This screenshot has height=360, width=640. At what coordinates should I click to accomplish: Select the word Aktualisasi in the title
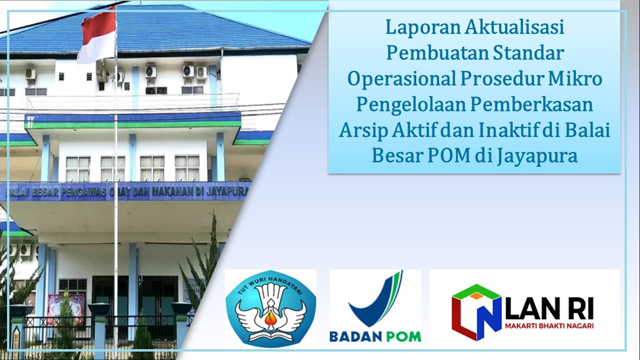pos(514,27)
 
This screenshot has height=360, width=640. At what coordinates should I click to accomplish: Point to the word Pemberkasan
pos(531,105)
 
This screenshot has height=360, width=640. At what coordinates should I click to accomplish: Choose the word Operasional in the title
pos(402,79)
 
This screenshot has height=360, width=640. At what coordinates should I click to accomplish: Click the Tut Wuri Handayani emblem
pos(271,309)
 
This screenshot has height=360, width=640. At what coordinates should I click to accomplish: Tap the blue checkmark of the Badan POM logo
pos(376,299)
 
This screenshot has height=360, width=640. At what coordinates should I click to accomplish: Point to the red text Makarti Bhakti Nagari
pos(549,326)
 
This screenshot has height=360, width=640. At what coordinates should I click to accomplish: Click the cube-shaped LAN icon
pos(476,312)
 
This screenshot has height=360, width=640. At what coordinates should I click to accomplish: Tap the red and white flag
pos(98,36)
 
